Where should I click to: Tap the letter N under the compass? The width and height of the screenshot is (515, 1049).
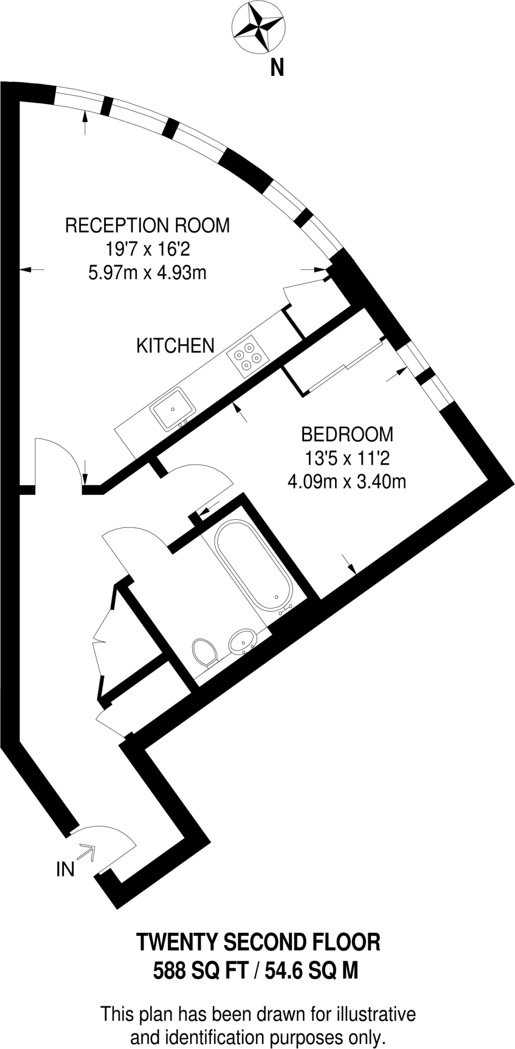[x=277, y=67]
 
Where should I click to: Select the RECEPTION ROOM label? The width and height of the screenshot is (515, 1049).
[x=148, y=225]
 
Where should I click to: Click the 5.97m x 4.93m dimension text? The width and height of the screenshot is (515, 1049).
[x=148, y=272]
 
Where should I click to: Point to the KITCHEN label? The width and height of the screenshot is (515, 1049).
[x=175, y=346]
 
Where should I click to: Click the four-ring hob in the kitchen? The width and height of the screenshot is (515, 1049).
[x=248, y=354]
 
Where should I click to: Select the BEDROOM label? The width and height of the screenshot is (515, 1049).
[x=347, y=434]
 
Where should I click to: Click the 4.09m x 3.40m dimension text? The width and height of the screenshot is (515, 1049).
[x=347, y=481]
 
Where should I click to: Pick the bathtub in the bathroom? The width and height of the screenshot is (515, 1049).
[x=253, y=564]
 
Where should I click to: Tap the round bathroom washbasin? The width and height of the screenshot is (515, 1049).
[x=241, y=640]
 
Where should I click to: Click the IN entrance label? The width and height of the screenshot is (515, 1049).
[x=65, y=869]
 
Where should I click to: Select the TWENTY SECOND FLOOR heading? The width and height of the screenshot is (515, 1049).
[x=258, y=942]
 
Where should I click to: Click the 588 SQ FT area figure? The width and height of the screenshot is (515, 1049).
[x=201, y=971]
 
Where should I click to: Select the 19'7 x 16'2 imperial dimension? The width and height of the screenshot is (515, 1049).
[x=148, y=249]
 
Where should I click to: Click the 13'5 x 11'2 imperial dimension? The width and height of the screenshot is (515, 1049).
[x=347, y=458]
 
